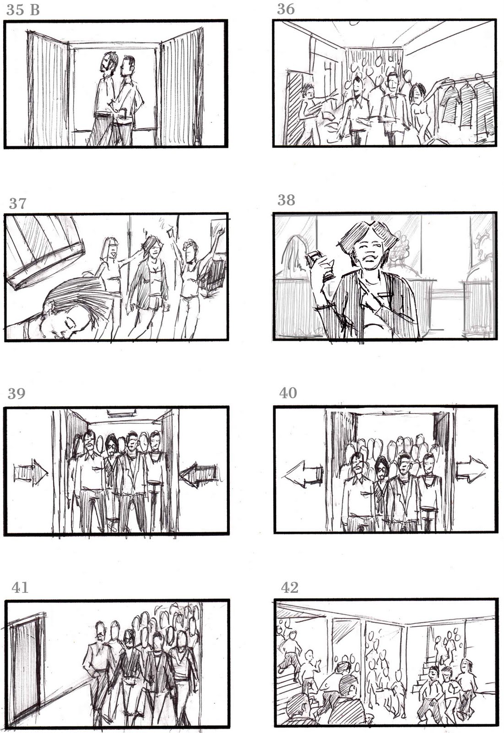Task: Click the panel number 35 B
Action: [23, 10]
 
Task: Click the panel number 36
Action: [286, 10]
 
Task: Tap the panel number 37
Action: [18, 203]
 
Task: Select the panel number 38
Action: [287, 200]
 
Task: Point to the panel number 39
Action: [16, 394]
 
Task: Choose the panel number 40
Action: [288, 393]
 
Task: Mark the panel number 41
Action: [20, 588]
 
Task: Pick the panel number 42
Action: [289, 588]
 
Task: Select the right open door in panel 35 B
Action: [181, 87]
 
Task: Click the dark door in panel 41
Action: [27, 664]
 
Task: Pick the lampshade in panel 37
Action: [45, 250]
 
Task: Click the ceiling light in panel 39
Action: [121, 414]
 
